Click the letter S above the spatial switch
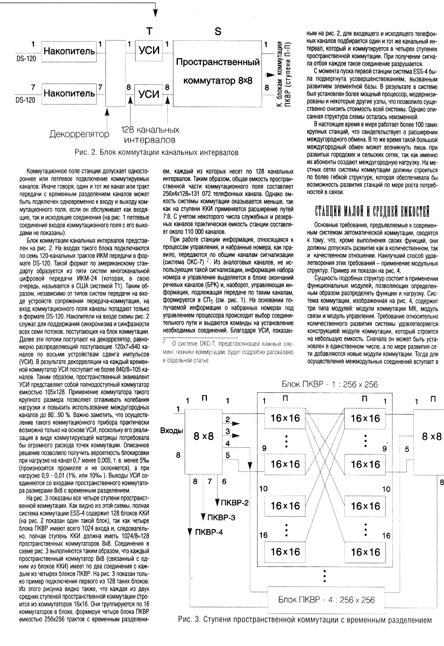pos(218,31)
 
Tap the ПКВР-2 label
pos(234,502)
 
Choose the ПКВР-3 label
pos(220,517)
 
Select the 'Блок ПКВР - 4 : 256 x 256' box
pos(327,600)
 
